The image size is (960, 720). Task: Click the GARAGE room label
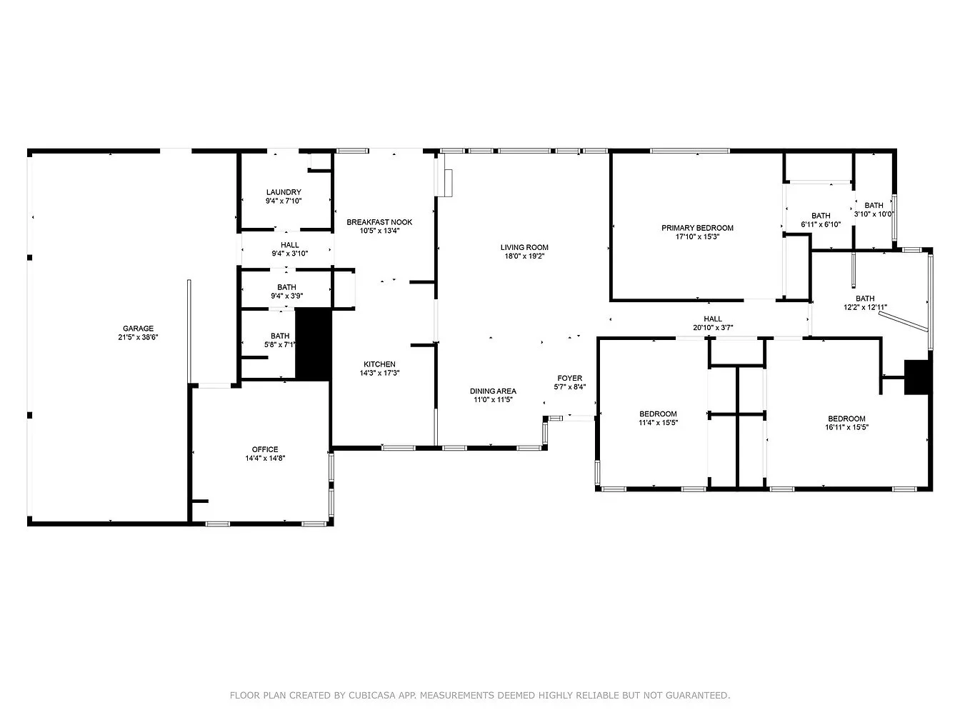coord(138,329)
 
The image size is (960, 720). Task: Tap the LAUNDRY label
coord(284,192)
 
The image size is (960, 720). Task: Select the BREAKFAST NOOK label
coord(379,222)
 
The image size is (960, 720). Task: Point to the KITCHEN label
coord(379,364)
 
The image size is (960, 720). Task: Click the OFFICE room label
coord(265,449)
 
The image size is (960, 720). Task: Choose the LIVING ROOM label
coord(524,247)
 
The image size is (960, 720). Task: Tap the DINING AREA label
coord(494,391)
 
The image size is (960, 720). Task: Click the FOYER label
coord(570,378)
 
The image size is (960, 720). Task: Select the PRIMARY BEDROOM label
coord(698,228)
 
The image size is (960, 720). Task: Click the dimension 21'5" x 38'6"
coord(138,337)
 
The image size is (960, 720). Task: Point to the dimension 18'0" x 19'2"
coord(524,256)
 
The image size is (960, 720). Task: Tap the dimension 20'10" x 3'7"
coord(713,327)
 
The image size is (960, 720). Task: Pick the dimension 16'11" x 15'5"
coord(846,427)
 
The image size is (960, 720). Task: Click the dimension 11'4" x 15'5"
coord(659,423)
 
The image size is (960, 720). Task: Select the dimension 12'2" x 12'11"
coord(865,307)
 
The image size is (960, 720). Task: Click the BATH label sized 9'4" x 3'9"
coord(287,287)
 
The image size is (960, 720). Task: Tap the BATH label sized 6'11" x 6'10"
coord(821,216)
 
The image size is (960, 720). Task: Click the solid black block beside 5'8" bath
coord(314,344)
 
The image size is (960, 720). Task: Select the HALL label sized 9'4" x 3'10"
coord(290,245)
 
